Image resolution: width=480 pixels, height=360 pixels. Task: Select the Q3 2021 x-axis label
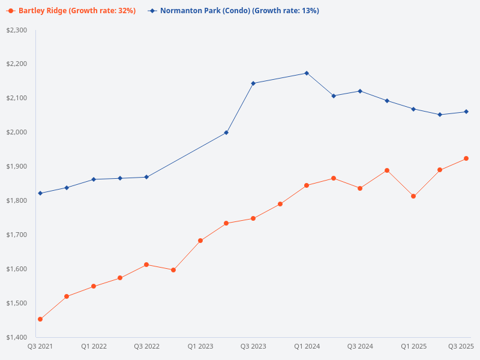40,346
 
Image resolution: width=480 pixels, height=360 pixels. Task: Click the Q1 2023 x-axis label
200,346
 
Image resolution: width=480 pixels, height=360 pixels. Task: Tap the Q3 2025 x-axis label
461,346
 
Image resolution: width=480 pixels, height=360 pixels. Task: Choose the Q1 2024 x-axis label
307,346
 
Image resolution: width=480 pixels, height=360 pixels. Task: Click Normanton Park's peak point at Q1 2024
307,73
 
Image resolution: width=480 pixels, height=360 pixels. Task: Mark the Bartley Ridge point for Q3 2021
40,319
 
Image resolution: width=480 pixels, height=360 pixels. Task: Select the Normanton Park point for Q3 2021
40,193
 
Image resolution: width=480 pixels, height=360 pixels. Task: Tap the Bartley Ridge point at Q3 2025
466,158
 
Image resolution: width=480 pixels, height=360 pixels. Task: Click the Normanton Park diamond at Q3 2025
466,112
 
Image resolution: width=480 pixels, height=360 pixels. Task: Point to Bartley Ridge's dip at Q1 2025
413,196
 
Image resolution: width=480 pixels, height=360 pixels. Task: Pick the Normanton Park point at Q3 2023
253,83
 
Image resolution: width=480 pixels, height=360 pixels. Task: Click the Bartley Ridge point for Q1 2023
200,241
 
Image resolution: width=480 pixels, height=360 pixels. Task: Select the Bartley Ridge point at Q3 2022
146,265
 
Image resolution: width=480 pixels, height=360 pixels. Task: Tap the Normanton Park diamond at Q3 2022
146,177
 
